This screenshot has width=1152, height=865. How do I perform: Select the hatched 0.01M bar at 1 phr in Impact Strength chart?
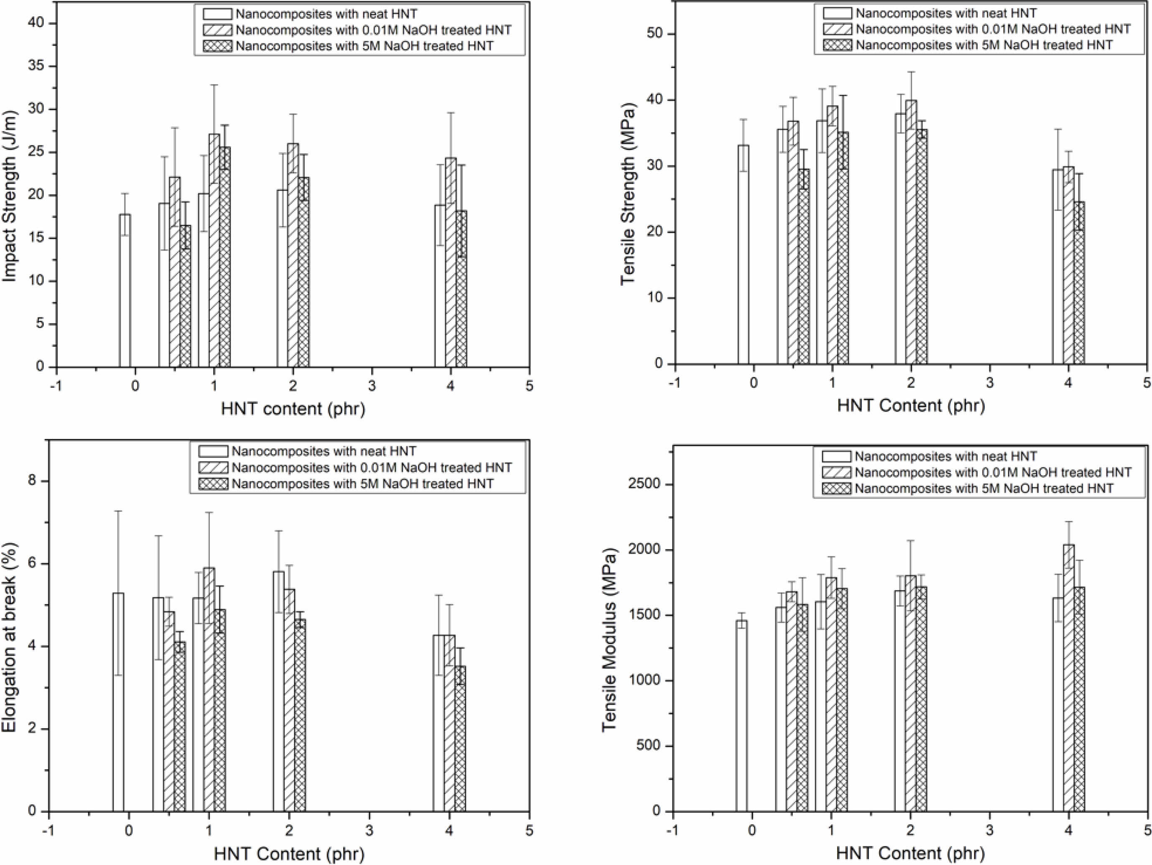(214, 250)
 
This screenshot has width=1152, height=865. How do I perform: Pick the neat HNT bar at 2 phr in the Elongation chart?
(279, 719)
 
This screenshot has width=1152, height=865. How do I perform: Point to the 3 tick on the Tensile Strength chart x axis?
(989, 384)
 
